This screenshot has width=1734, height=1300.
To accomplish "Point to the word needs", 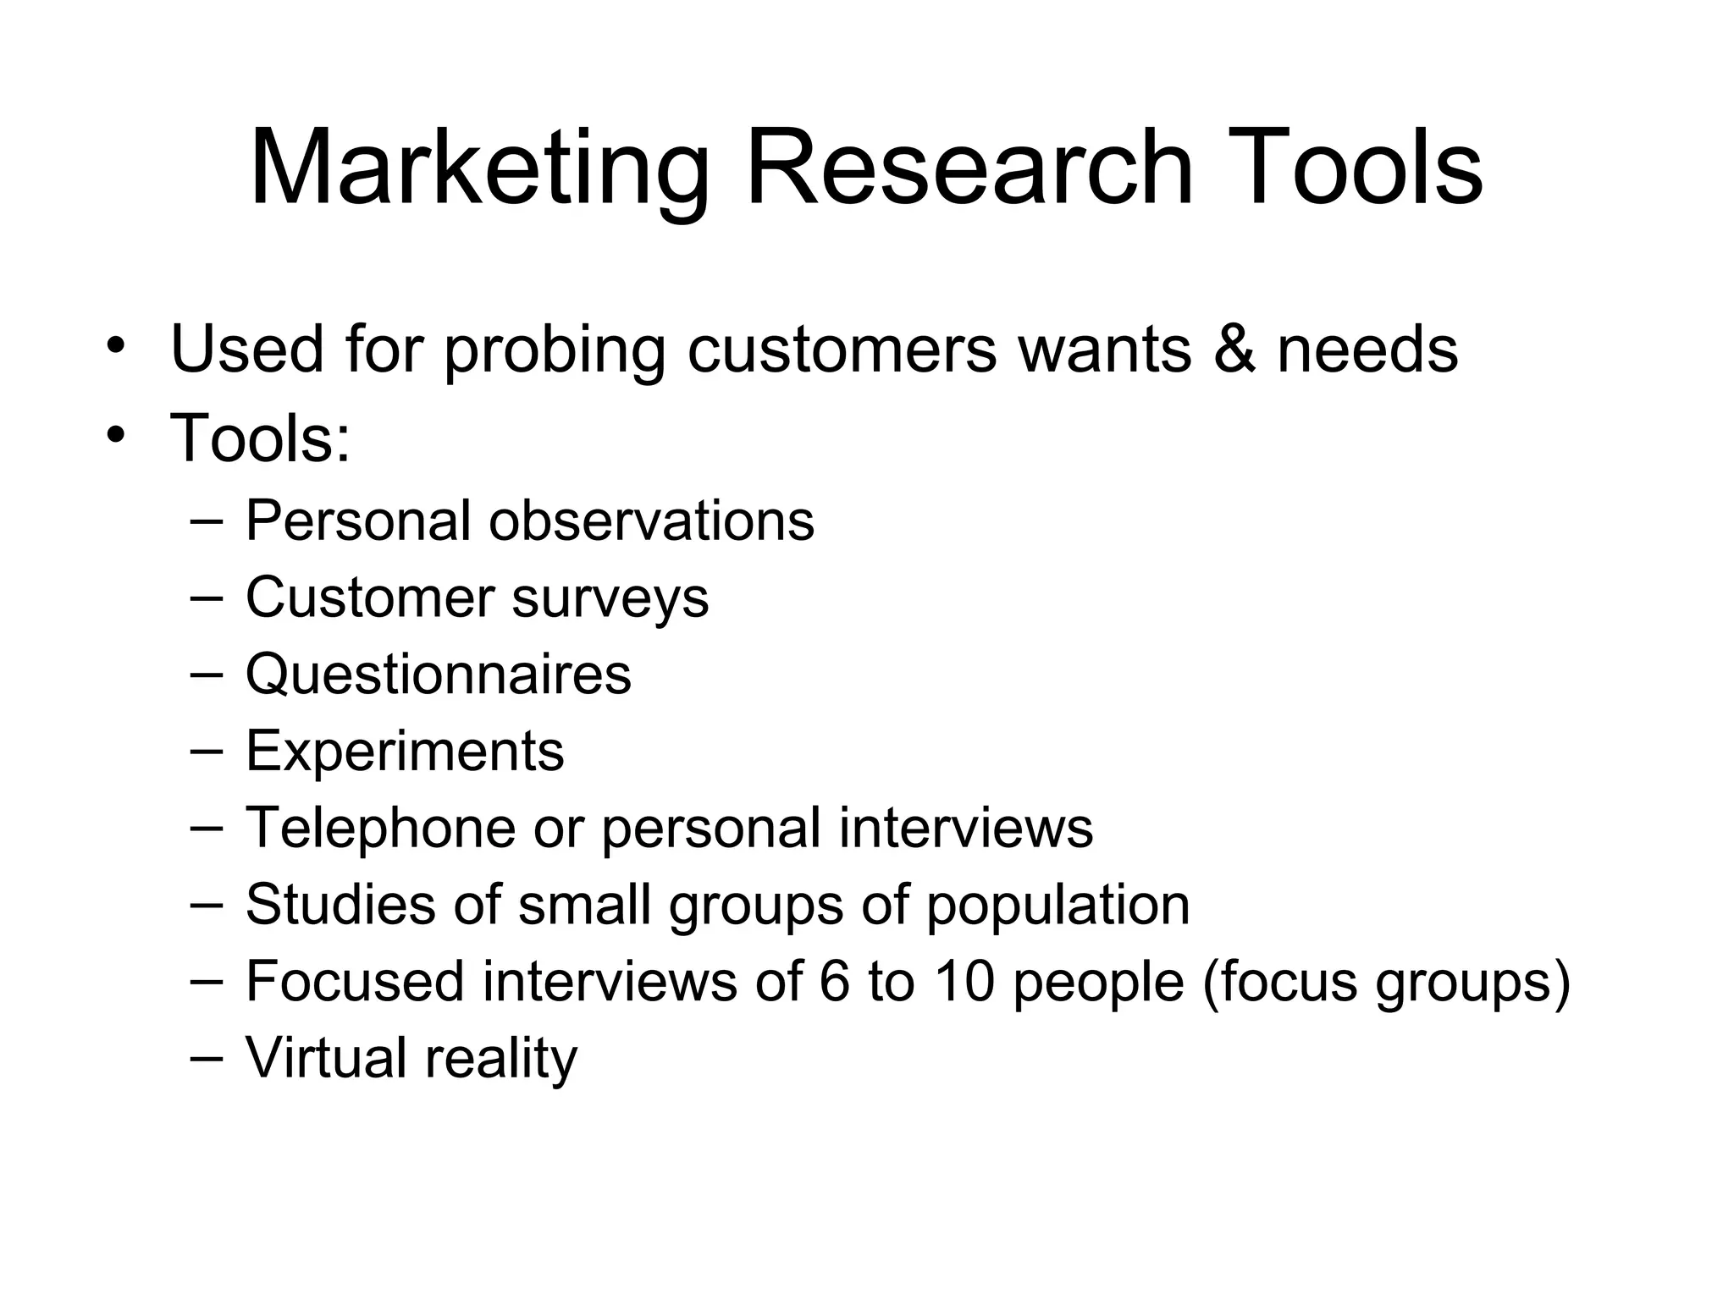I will pos(1368,349).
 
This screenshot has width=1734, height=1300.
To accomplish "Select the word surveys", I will pos(610,599).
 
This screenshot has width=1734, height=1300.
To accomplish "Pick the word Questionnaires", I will pos(439,675).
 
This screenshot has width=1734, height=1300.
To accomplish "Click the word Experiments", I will pos(405,752).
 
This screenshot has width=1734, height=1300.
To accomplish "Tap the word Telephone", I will pos(380,828).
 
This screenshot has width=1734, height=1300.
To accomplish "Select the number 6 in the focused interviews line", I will pos(834,982).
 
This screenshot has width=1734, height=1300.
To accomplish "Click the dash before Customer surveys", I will pos(207,598).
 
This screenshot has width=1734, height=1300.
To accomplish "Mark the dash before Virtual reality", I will pos(207,1058).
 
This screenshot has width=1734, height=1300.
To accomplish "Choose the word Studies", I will pos(340,904).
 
